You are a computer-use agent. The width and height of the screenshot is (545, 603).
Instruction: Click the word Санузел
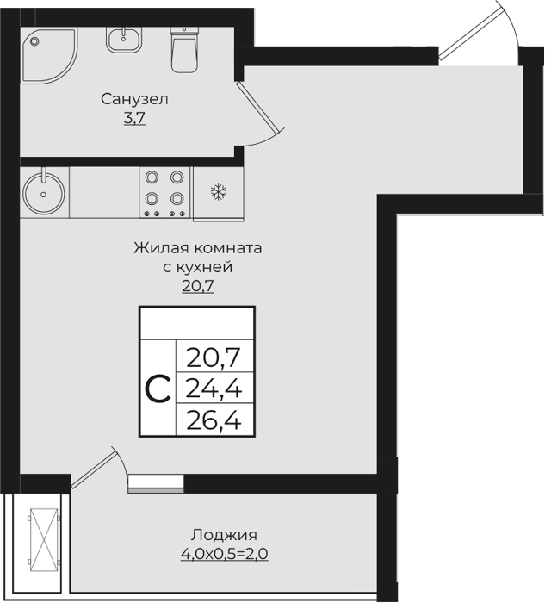[134, 99]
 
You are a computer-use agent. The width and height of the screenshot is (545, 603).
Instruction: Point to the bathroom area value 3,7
[134, 119]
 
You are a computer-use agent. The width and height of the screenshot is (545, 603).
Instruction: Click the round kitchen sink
[43, 190]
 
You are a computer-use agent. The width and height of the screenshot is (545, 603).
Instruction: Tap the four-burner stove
[164, 190]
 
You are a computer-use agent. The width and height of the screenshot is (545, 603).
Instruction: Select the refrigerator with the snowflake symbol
[218, 190]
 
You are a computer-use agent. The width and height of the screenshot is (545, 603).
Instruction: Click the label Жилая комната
[198, 248]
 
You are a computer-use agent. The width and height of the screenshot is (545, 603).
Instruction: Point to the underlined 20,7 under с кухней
[197, 286]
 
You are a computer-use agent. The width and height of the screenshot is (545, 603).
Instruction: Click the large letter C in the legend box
[157, 389]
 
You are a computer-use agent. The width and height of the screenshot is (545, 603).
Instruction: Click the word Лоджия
[224, 534]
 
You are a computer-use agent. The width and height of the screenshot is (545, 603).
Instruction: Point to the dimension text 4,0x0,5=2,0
[224, 554]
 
